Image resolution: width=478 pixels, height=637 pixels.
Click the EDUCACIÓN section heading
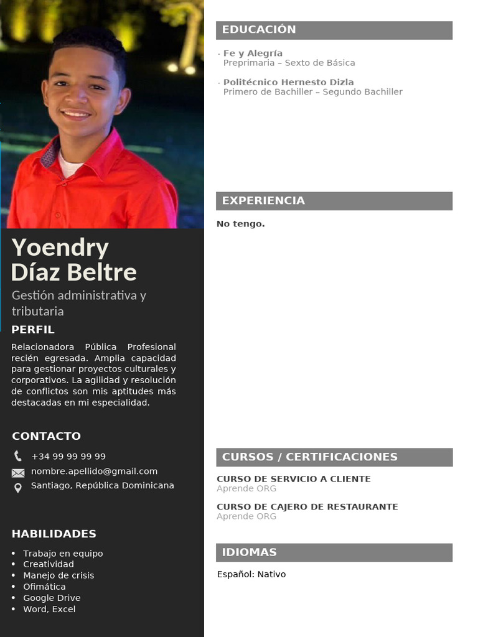[259, 30]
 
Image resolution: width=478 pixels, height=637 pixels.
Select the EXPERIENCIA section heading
[263, 200]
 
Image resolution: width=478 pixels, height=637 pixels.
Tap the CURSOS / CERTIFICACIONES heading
[309, 457]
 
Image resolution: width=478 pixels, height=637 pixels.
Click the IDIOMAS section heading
[249, 552]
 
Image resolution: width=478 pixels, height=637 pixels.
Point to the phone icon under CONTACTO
[17, 456]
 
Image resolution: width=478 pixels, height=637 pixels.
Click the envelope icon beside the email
[18, 473]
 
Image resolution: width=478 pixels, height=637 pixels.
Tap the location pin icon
[18, 488]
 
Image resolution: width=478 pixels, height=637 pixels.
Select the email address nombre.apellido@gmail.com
[94, 472]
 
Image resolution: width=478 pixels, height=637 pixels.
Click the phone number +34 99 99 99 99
[68, 457]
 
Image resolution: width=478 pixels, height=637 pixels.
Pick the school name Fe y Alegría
[253, 53]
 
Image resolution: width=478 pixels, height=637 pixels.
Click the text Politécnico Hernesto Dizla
[288, 82]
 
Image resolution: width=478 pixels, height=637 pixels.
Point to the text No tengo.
[240, 224]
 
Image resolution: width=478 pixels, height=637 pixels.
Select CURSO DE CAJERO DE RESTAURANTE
[307, 507]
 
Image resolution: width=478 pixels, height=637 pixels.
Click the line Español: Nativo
[251, 574]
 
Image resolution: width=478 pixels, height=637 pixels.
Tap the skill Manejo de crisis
[59, 575]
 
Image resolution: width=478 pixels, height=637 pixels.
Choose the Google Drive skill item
[52, 598]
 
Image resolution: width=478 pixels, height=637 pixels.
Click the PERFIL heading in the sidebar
[33, 330]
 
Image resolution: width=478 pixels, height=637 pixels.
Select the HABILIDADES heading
[54, 534]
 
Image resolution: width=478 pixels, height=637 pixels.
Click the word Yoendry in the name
[60, 248]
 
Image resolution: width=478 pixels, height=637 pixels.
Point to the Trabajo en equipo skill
[63, 554]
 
